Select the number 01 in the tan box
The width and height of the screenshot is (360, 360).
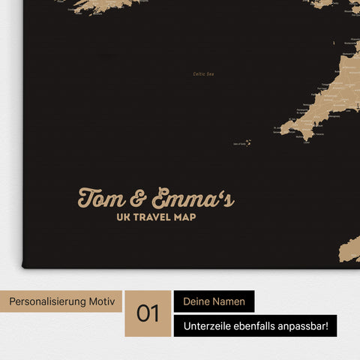pyautogui.click(x=148, y=313)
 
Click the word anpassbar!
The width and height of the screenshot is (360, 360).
pyautogui.click(x=308, y=325)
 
